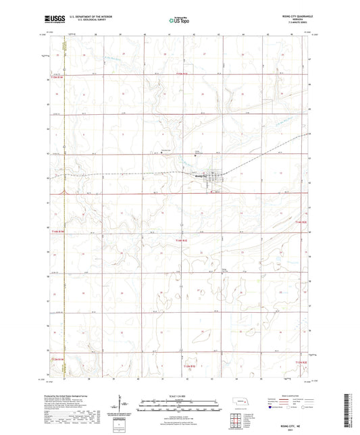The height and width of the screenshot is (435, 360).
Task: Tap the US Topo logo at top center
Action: point(180,22)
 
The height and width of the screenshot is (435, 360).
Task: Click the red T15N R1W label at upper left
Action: point(58,78)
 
